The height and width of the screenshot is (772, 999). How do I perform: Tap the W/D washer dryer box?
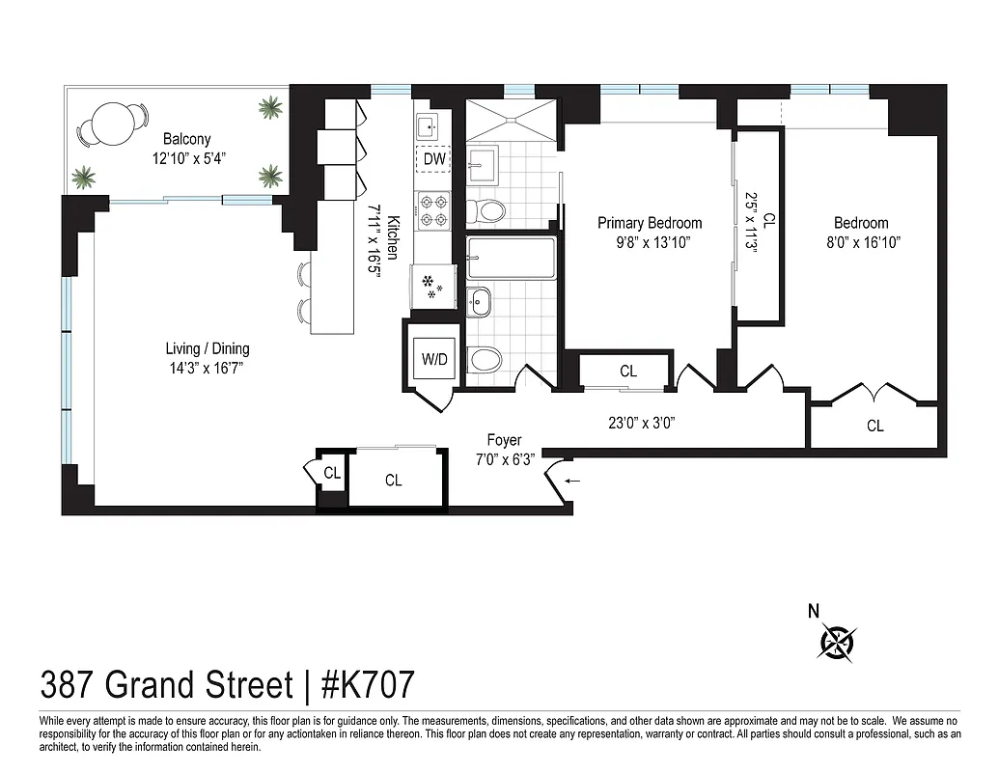(434, 359)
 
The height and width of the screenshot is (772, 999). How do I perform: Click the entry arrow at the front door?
(573, 480)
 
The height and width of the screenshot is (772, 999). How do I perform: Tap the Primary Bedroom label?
(649, 223)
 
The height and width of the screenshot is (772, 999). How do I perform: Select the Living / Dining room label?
(213, 348)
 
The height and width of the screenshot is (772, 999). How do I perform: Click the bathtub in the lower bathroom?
(511, 258)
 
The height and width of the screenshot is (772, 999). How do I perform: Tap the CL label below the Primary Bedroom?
(628, 371)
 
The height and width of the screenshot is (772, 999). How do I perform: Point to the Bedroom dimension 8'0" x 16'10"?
(861, 242)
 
